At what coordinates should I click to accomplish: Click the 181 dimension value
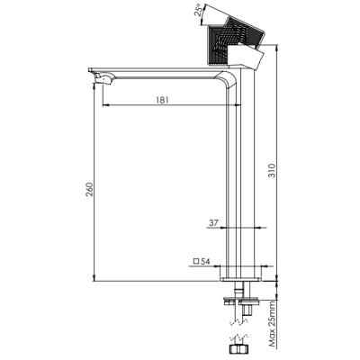(162, 100)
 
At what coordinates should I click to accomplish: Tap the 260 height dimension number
(90, 189)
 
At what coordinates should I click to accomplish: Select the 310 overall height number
(271, 170)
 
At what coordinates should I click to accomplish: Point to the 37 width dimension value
(213, 223)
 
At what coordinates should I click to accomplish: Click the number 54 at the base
(205, 261)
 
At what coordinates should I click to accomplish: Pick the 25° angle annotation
(200, 12)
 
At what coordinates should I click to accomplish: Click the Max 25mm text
(272, 324)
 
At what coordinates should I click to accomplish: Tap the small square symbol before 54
(196, 261)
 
